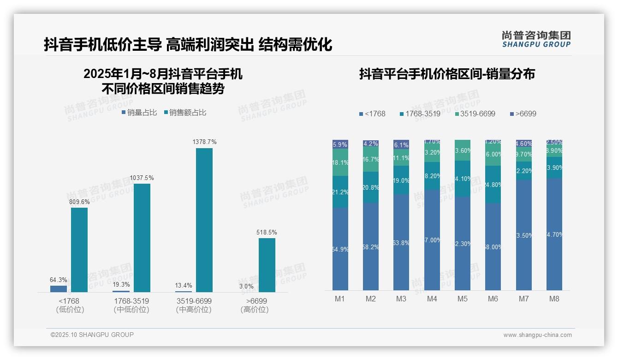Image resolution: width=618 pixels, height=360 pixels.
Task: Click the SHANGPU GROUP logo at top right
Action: pyautogui.click(x=536, y=39)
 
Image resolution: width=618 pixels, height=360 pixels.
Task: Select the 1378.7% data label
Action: pyautogui.click(x=204, y=142)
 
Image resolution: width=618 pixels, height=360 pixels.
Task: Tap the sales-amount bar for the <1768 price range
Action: pyautogui.click(x=79, y=250)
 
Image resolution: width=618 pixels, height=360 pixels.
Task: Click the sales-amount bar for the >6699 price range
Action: pyautogui.click(x=267, y=265)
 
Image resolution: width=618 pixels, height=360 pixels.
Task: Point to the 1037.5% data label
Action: pyautogui.click(x=142, y=178)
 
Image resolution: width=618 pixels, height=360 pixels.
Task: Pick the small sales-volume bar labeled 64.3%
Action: pyautogui.click(x=59, y=288)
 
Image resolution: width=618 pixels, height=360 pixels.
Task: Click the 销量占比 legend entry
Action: pyautogui.click(x=139, y=113)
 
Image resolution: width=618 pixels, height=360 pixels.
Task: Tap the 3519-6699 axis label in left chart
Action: pyautogui.click(x=194, y=301)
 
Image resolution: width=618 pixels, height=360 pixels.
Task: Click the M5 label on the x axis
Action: pyautogui.click(x=463, y=299)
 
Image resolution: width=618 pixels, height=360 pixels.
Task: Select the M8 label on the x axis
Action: pyautogui.click(x=554, y=299)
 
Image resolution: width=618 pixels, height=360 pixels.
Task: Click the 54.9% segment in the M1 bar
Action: pyautogui.click(x=340, y=249)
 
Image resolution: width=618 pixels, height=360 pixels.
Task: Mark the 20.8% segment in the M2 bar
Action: pyautogui.click(x=371, y=187)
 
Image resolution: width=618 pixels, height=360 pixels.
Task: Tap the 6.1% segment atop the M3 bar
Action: pyautogui.click(x=401, y=144)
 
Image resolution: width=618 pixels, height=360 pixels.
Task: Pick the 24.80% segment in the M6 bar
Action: pyautogui.click(x=493, y=185)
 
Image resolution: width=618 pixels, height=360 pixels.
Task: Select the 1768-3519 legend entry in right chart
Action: pyautogui.click(x=420, y=114)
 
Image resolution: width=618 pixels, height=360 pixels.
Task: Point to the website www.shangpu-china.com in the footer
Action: pyautogui.click(x=537, y=335)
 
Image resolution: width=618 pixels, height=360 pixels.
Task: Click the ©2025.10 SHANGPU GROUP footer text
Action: pyautogui.click(x=92, y=335)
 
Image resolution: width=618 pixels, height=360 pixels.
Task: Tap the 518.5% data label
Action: pyautogui.click(x=267, y=232)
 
